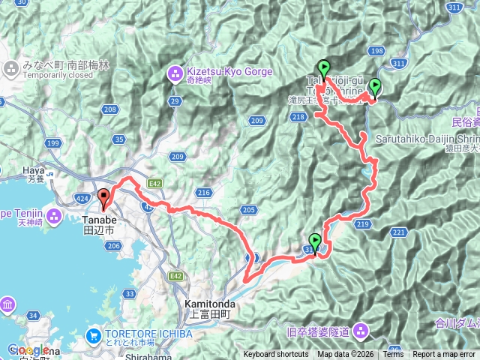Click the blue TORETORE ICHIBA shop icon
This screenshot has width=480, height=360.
(x=94, y=335)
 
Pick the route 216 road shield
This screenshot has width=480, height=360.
(x=204, y=193)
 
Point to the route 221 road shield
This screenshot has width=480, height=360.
(x=397, y=233)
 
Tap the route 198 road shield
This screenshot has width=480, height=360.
(x=377, y=51)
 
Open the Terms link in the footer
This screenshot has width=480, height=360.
(x=393, y=355)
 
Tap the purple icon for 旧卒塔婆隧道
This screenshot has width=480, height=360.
(x=361, y=329)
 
